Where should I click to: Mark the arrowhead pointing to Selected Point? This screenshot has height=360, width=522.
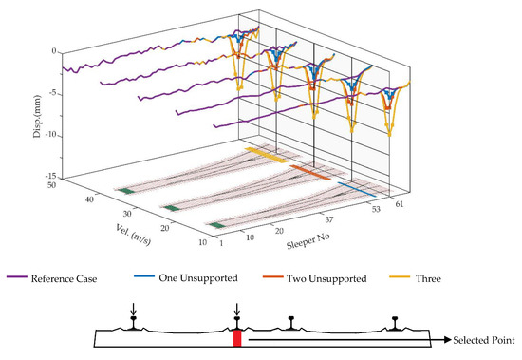[443, 339]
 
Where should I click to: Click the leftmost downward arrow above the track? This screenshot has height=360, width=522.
[134, 313]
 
